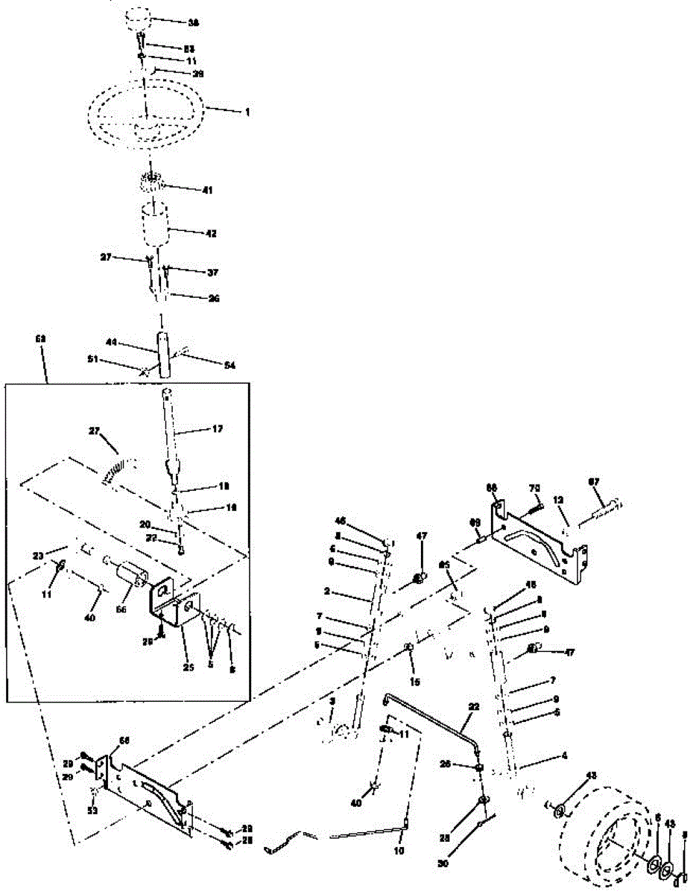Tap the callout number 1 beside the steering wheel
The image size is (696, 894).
pyautogui.click(x=247, y=112)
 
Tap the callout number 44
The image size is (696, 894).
pyautogui.click(x=112, y=343)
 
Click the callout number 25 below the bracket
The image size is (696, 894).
pyautogui.click(x=189, y=668)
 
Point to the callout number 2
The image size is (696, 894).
pyautogui.click(x=327, y=591)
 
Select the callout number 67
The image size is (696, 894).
pyautogui.click(x=594, y=482)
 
